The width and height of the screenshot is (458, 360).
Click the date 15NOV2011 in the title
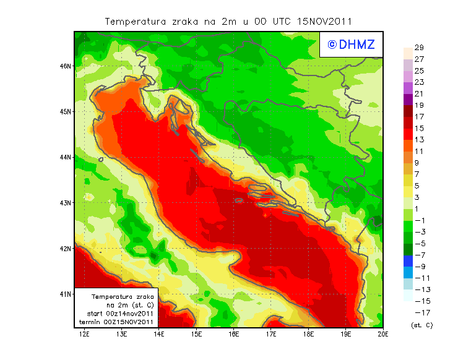pos(324,21)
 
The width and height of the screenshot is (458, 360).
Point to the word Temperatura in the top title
pos(136,21)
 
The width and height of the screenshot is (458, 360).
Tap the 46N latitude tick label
pos(66,66)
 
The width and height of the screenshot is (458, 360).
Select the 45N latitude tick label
pos(66,111)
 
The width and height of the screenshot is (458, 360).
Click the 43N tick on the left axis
pos(66,202)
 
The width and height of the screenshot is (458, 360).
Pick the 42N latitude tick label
pos(66,248)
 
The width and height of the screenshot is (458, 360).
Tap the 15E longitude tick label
pos(197,335)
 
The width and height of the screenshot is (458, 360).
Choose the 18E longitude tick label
pos(309,335)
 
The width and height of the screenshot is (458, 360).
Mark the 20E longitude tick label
pos(384,335)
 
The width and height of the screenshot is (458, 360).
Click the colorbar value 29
pos(419,48)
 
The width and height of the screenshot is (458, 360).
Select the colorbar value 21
pos(419,93)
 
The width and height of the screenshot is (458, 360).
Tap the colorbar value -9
pos(418,267)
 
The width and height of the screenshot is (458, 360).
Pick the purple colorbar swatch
pos(407,99)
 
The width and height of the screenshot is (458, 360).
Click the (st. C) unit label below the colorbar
pos(421,325)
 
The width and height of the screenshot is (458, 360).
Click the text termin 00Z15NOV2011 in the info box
pos(117,322)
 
